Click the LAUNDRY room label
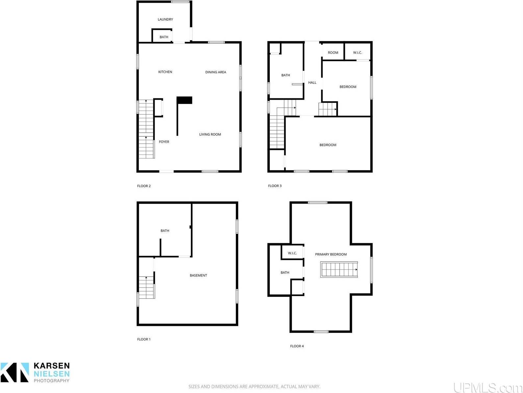click(x=165, y=19)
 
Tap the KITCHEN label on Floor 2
click(x=165, y=72)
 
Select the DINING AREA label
click(x=215, y=72)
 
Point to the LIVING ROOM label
click(x=210, y=134)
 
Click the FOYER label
click(x=164, y=142)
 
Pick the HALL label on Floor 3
click(x=312, y=83)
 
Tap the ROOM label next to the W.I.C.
click(x=333, y=53)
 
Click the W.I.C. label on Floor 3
click(x=358, y=53)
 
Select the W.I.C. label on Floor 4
click(x=292, y=253)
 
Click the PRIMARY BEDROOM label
click(x=331, y=254)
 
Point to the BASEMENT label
click(x=198, y=275)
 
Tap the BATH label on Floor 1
click(x=165, y=231)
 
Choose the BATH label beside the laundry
click(x=164, y=37)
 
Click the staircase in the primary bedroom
click(x=339, y=269)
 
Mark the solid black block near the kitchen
click(x=184, y=100)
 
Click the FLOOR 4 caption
click(x=297, y=346)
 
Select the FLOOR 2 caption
click(x=144, y=186)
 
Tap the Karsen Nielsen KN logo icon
click(x=14, y=372)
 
